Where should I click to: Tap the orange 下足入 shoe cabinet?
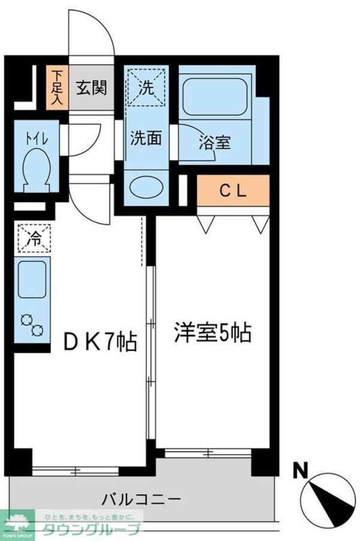tap(56, 88)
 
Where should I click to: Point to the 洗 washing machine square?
tap(146, 86)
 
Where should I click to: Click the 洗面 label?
tap(146, 138)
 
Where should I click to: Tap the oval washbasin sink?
tap(146, 185)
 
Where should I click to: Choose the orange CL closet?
tap(232, 191)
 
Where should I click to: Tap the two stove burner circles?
tap(32, 324)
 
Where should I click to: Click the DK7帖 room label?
tap(101, 342)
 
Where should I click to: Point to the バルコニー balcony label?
tap(142, 498)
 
